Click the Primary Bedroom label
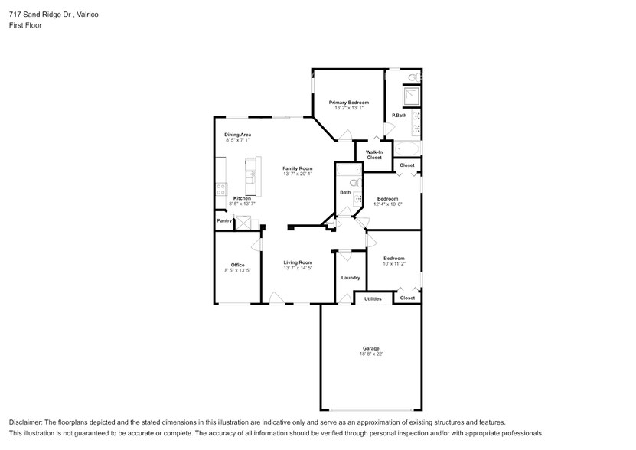click(x=348, y=103)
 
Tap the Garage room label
click(x=370, y=348)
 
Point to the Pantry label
click(x=224, y=220)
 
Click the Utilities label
click(x=373, y=298)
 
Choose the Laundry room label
click(x=351, y=278)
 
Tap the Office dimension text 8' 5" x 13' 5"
click(x=237, y=270)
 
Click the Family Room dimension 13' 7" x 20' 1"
click(x=298, y=174)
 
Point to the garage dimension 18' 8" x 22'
click(x=370, y=354)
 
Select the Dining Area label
click(x=237, y=135)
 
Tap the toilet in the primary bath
click(x=413, y=77)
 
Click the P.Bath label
click(x=399, y=116)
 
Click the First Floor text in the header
click(x=25, y=25)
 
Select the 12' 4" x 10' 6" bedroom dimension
click(x=387, y=204)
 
